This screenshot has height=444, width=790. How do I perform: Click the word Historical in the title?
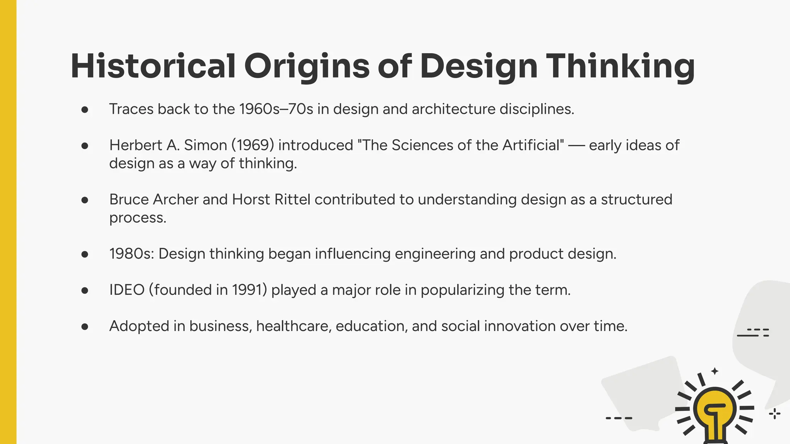coord(153,66)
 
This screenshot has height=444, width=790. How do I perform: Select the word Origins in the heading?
coord(307,66)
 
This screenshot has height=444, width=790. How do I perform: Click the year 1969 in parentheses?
coord(253,145)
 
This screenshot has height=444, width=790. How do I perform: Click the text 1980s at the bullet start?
coord(131,254)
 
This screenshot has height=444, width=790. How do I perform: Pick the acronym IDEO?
coord(127,290)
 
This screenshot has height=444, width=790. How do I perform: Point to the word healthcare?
coord(294,326)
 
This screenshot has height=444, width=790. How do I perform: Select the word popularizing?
coord(463,290)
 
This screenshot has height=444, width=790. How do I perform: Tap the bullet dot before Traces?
coord(85,110)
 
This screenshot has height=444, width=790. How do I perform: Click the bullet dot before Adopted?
coord(85,327)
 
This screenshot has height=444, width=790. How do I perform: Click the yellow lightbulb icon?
coord(715,412)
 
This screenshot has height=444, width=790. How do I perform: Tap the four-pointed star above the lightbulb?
coord(715,371)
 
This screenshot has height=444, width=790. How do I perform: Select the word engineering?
coord(435,254)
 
